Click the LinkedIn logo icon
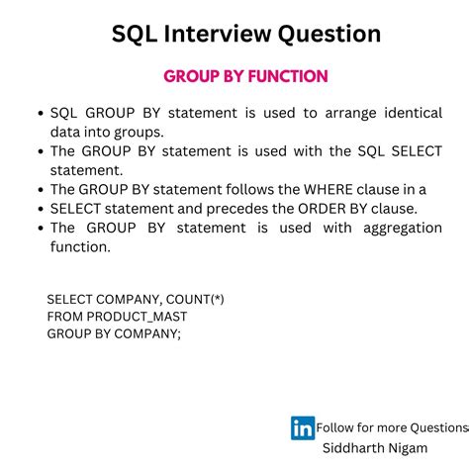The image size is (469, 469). pyautogui.click(x=302, y=427)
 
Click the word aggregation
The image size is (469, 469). pyautogui.click(x=396, y=227)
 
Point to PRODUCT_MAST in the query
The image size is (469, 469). pyautogui.click(x=137, y=316)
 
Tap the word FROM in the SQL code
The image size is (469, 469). pyautogui.click(x=64, y=316)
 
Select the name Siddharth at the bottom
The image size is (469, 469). pyautogui.click(x=357, y=447)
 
